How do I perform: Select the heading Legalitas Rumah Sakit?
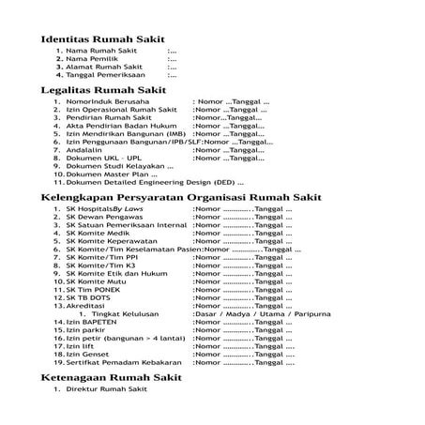(x=103, y=90)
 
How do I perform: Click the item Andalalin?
(x=85, y=148)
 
